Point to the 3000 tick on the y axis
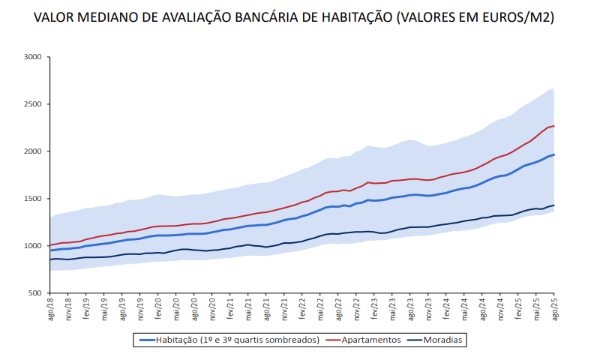[32, 56]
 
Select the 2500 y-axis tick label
[32, 103]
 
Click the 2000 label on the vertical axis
[32, 151]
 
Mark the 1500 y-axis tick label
[32, 199]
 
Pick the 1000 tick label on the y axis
[32, 246]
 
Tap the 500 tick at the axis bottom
[34, 293]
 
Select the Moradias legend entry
[443, 340]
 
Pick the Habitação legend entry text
[238, 340]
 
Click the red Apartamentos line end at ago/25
[553, 126]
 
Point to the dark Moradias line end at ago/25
[553, 205]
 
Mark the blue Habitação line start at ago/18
[50, 250]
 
